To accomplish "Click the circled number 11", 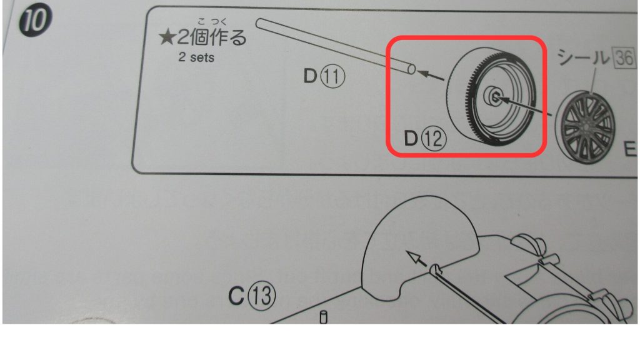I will (334, 78).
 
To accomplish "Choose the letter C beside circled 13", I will (236, 296).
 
